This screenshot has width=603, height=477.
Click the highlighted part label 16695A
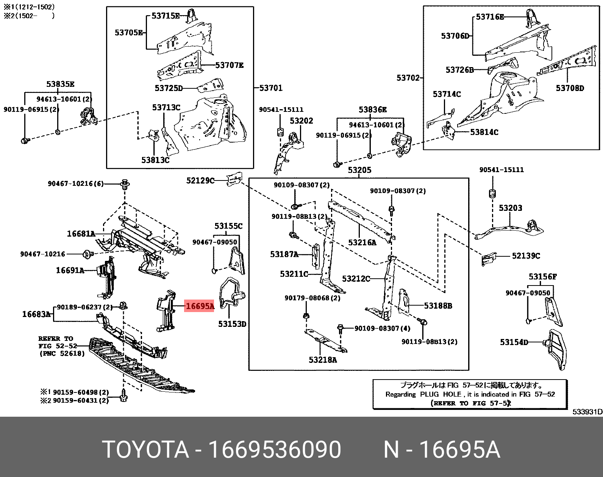pos(200,306)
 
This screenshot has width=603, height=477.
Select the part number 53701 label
pos(271,88)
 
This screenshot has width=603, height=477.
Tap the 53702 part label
pos(408,78)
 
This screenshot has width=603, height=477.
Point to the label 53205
pos(359,170)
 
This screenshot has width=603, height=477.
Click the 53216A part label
pos(362,243)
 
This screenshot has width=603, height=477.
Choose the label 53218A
pos(322,360)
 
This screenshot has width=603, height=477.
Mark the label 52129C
pos(200,181)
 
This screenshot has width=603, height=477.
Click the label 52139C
pos(526,256)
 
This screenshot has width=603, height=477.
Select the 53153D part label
pos(232,324)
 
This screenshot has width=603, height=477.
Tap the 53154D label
pos(514,342)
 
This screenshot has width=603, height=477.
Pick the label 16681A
pos(81,234)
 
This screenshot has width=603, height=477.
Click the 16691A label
pos(70,270)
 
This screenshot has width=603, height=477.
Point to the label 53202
pos(301,121)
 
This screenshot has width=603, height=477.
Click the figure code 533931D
pos(587,412)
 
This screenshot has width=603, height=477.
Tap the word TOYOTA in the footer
pos(145,450)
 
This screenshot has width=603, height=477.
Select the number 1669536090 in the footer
pos(275,450)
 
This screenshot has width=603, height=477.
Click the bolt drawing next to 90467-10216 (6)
pos(125,185)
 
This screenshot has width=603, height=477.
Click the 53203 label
pos(510,208)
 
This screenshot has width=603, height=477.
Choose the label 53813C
pos(155,160)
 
